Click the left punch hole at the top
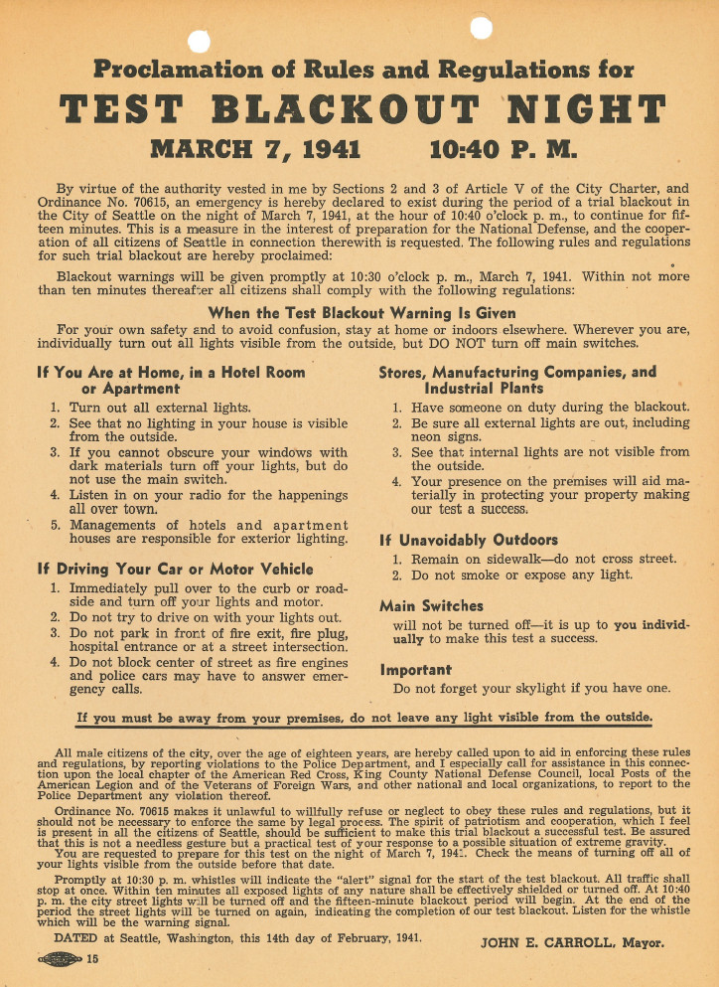coord(200,40)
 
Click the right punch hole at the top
coord(483,27)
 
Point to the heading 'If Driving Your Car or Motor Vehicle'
coord(175,569)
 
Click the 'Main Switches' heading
coord(417,605)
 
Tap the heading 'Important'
coord(415,669)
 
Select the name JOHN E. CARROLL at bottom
coord(543,942)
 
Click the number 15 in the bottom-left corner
coord(92,959)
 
